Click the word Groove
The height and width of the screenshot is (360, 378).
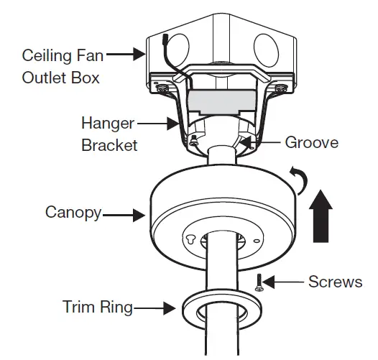pyautogui.click(x=311, y=142)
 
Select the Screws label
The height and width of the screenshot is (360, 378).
pyautogui.click(x=335, y=281)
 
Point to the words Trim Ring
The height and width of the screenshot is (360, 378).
pyautogui.click(x=98, y=308)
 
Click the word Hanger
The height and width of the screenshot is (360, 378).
pyautogui.click(x=108, y=123)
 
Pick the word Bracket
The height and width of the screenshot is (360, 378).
pyautogui.click(x=109, y=145)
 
